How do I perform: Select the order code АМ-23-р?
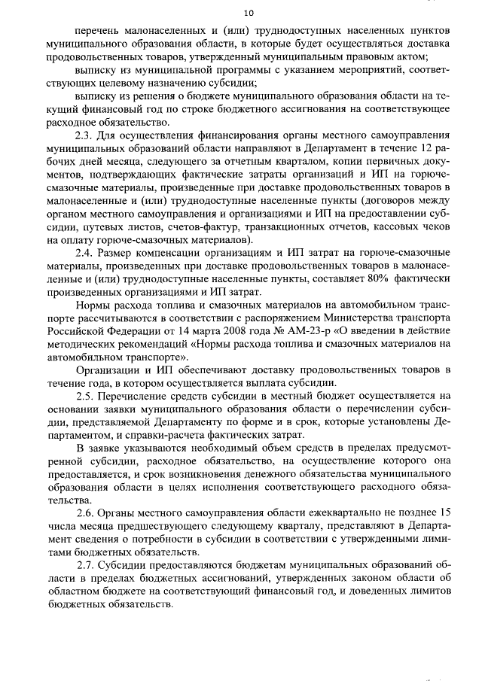(325, 331)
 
